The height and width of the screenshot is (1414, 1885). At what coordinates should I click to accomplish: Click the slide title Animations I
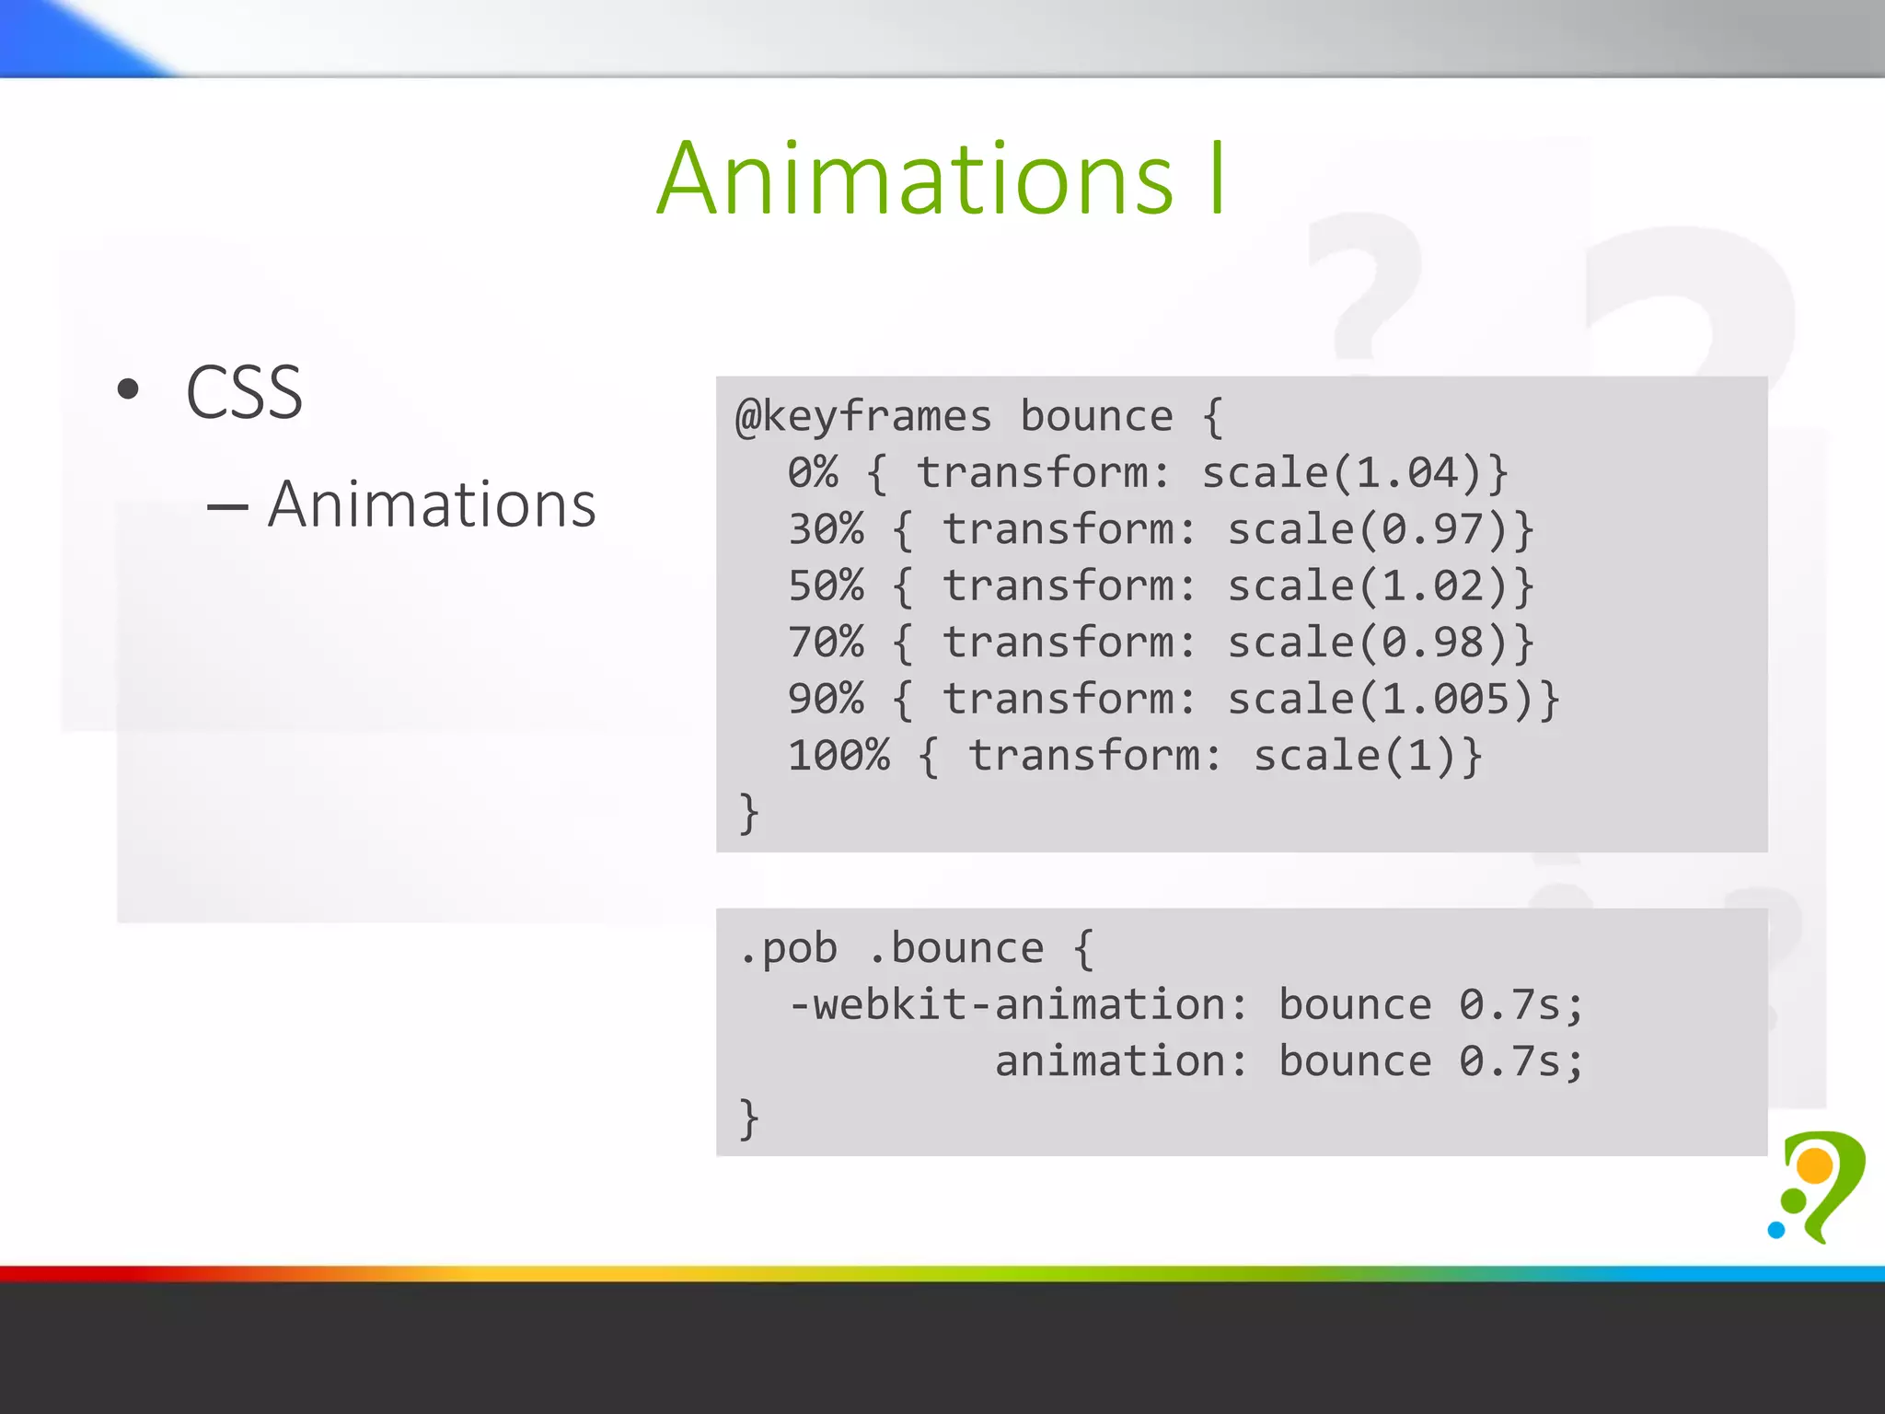[941, 180]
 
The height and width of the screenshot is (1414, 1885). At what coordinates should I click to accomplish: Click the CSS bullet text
[244, 393]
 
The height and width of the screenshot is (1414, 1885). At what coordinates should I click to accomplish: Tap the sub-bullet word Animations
[432, 505]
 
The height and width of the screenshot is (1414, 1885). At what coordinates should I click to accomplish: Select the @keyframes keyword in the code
[863, 418]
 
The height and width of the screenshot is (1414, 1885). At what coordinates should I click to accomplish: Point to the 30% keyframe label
[826, 530]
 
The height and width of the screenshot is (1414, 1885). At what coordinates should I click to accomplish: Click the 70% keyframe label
[826, 643]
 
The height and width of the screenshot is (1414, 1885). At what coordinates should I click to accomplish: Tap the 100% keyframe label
[838, 757]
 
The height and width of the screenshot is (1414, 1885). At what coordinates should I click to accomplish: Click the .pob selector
[788, 949]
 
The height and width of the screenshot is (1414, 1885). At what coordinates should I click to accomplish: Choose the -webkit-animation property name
[1016, 1005]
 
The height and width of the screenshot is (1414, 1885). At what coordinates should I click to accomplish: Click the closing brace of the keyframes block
[748, 814]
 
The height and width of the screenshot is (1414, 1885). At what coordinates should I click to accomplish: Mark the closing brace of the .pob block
[748, 1118]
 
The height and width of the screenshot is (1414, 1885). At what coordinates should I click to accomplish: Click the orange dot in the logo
[1815, 1166]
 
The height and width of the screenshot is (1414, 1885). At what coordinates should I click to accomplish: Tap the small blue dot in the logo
[1776, 1230]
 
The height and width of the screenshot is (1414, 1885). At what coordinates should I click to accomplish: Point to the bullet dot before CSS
[128, 389]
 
